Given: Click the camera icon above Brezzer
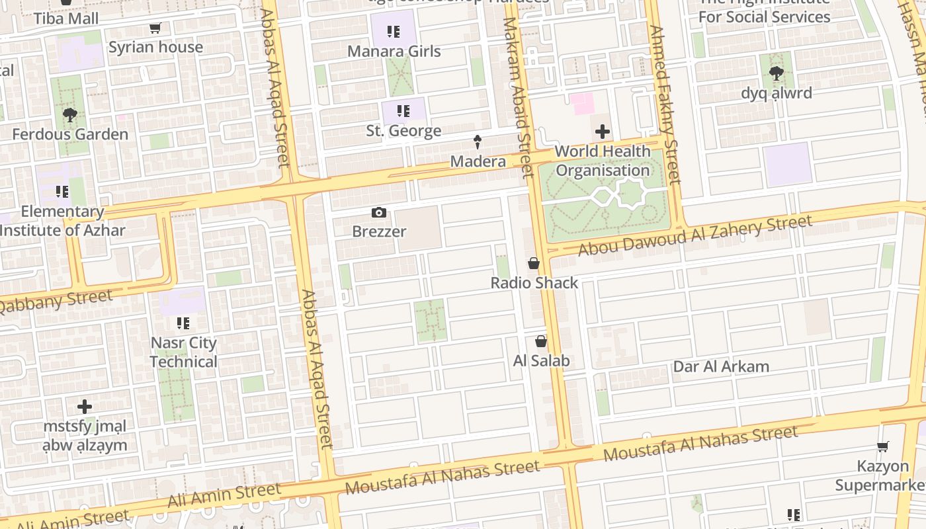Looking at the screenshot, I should pos(378,212).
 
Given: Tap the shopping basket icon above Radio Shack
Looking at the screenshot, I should pos(534,263).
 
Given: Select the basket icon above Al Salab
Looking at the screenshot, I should pos(541,341).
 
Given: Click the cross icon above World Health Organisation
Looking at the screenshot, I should pos(603,132).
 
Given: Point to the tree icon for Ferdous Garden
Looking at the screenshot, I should pos(69,115).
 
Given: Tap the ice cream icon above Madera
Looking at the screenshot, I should pos(477,141).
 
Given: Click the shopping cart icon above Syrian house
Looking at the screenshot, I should pos(155,28).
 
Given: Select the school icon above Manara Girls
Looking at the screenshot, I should pos(394,32).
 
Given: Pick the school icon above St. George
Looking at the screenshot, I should pos(403,111).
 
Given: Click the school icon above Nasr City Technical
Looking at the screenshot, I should pos(183,323).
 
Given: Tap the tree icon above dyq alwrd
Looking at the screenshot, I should pos(776,73).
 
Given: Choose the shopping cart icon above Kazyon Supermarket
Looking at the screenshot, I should pos(882,447).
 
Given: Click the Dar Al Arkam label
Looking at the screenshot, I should pos(721,366).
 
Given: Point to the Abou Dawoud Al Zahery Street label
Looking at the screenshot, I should pos(694,236).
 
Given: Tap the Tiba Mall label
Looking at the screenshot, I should pos(66,18).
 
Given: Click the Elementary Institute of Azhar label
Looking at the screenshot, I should pos(63,221).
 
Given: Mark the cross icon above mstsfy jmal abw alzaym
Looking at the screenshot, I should pos(85,406).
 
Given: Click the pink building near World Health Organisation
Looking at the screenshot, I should pos(583,104).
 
